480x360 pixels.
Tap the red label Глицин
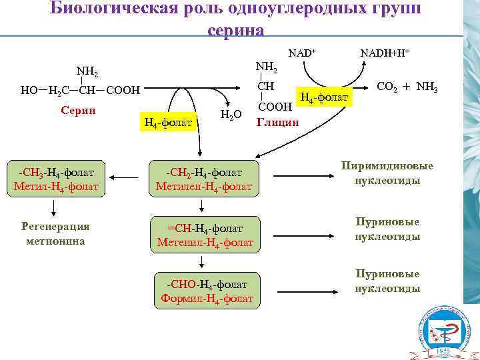[x=279, y=122]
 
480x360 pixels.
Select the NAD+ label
[x=301, y=52]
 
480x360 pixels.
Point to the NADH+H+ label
[x=385, y=52]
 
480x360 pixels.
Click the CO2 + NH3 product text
[x=407, y=86]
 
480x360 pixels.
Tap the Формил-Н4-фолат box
[x=207, y=291]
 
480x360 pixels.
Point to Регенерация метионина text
[x=55, y=233]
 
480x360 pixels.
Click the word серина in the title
[x=235, y=30]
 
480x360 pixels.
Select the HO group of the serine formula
[x=29, y=89]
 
